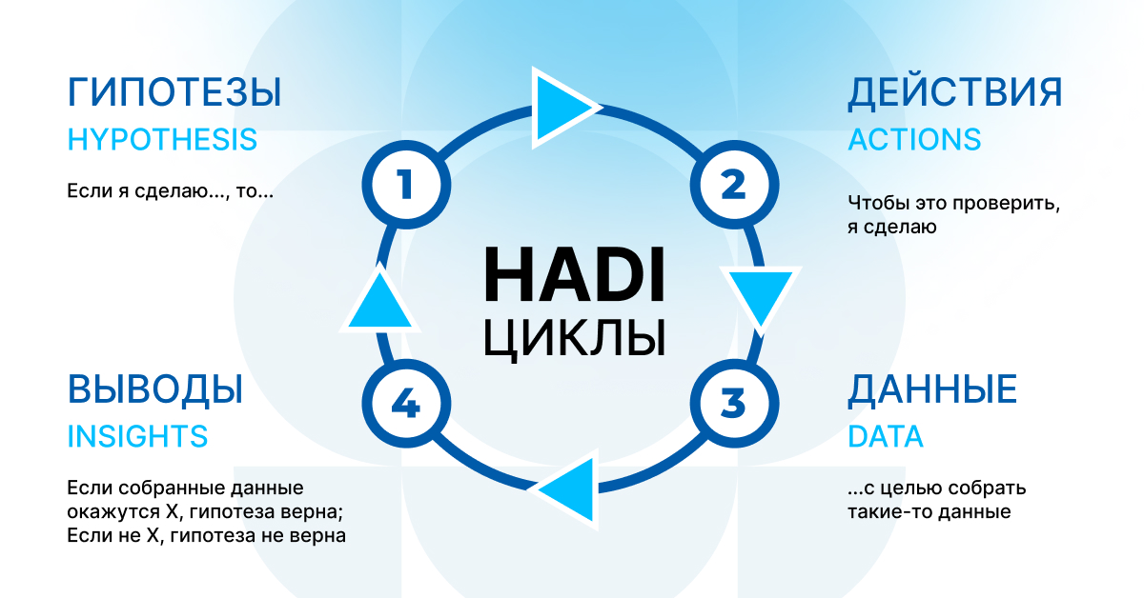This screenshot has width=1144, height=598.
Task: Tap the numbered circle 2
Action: (733, 184)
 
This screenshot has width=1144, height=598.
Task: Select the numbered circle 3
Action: (733, 404)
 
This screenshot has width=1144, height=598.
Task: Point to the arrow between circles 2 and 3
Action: (761, 297)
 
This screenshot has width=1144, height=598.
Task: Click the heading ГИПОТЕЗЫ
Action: (174, 93)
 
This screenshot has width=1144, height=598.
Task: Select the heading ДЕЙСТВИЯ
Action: (955, 93)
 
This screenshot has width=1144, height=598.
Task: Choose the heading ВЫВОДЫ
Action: (155, 389)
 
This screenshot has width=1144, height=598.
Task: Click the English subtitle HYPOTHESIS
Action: (162, 140)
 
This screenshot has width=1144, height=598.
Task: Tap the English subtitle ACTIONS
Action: (914, 140)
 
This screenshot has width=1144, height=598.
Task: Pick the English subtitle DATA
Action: (886, 437)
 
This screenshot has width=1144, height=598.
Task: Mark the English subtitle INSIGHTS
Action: (137, 437)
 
